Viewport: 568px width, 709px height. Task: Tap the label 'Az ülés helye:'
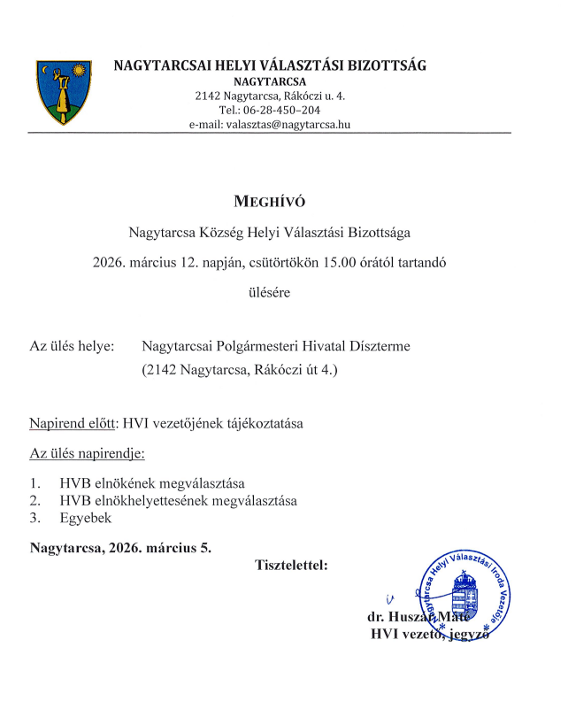[x=73, y=346]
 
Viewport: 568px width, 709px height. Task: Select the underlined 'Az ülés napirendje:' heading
[x=87, y=454]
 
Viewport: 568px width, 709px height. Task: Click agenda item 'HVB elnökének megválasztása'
[x=151, y=484]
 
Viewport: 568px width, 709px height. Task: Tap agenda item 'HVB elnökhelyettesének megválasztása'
[x=178, y=501]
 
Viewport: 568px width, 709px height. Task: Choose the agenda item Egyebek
[x=85, y=518]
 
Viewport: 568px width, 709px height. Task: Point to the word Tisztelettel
[x=291, y=565]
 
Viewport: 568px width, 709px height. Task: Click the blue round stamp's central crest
[x=466, y=589]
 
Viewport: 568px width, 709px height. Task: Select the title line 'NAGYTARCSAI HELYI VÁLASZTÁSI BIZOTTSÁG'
[x=271, y=66]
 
